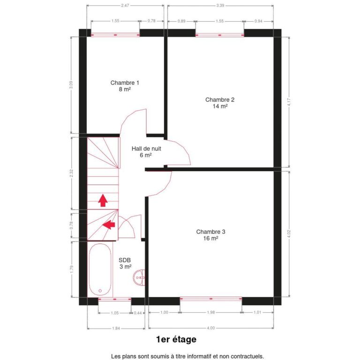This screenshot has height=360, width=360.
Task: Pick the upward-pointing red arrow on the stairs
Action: [102, 201]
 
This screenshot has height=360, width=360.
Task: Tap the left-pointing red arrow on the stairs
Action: [109, 225]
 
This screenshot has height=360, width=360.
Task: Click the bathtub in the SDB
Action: [99, 270]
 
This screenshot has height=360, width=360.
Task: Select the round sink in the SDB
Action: [140, 278]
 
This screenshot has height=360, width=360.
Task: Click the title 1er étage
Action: [176, 339]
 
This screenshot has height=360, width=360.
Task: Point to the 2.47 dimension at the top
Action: [125, 5]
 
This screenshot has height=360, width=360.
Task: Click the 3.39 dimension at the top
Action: [220, 5]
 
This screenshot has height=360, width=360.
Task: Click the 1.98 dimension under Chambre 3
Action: [211, 313]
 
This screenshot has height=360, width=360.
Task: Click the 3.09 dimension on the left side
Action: [71, 85]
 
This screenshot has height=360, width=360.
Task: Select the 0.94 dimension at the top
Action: [258, 21]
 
